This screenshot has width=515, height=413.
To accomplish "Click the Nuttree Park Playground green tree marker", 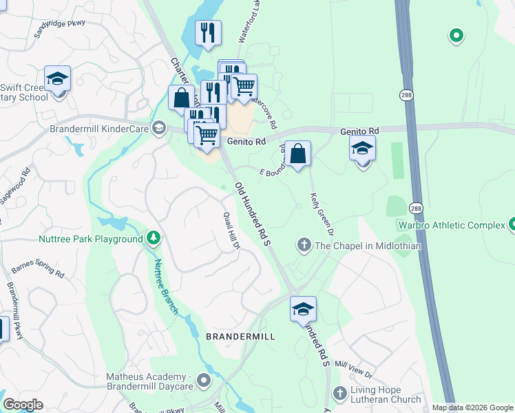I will tap(154, 239).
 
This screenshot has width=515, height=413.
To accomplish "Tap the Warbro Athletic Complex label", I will tap(451, 225).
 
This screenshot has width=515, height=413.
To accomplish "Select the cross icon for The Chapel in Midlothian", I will tap(304, 245).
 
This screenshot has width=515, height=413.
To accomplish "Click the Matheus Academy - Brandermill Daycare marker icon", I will tap(203, 380).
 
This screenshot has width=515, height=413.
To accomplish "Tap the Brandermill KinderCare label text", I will tap(99, 128).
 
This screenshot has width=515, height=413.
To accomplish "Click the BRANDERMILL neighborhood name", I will tap(240, 337).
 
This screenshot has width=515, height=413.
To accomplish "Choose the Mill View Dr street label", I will tap(354, 370).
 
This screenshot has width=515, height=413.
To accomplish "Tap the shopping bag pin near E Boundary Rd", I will tap(297, 153).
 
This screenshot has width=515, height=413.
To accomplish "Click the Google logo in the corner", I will tap(23, 405).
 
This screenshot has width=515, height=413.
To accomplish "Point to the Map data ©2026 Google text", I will tap(472, 407).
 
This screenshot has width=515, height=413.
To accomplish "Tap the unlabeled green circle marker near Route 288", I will tap(455, 35).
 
